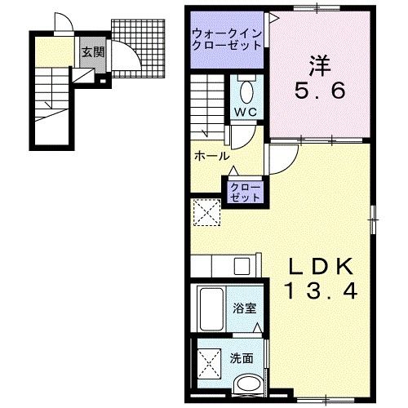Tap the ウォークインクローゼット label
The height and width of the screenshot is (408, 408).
227,38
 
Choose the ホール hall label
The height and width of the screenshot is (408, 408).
210,156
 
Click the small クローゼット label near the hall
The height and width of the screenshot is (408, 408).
245,193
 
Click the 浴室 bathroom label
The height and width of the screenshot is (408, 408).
243,309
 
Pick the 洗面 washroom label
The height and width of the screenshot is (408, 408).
241,357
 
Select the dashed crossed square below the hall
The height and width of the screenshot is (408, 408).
206,213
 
